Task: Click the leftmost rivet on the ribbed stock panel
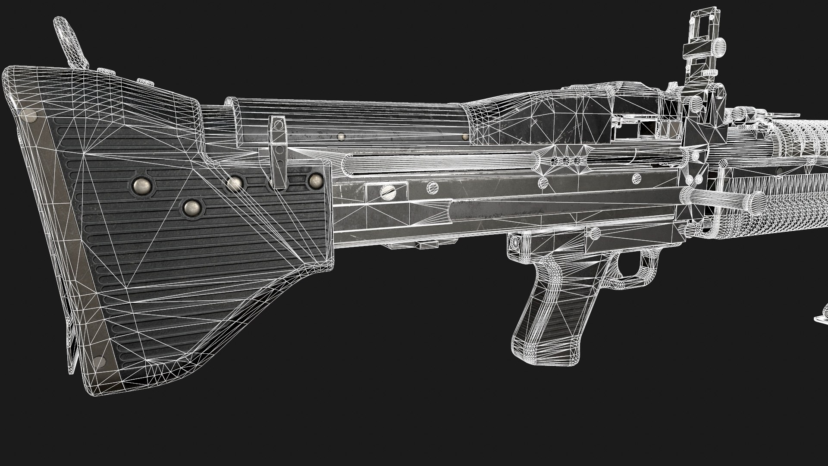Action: [141, 186]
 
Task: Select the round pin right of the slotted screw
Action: [433, 187]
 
